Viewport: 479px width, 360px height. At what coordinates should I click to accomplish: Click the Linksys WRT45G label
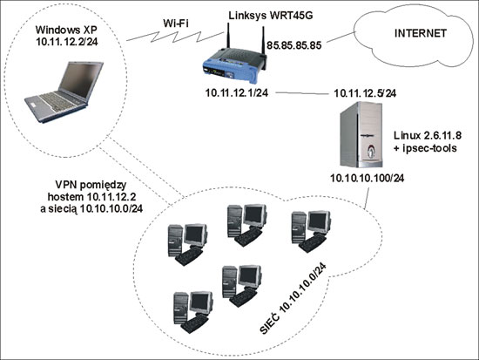pyautogui.click(x=271, y=16)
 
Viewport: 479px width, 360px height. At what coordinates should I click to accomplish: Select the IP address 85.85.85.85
pyautogui.click(x=294, y=45)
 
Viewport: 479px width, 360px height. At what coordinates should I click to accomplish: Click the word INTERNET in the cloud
pyautogui.click(x=421, y=33)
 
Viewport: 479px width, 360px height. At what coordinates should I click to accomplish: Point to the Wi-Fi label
pyautogui.click(x=176, y=24)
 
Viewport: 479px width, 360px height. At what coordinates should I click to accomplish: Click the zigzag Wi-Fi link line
pyautogui.click(x=175, y=36)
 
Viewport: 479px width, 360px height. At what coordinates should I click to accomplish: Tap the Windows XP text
pyautogui.click(x=66, y=30)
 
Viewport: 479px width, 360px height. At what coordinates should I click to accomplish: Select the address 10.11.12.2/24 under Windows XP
pyautogui.click(x=67, y=41)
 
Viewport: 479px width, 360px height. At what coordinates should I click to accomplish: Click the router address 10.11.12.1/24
pyautogui.click(x=237, y=92)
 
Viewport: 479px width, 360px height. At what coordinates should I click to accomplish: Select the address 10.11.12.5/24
pyautogui.click(x=365, y=93)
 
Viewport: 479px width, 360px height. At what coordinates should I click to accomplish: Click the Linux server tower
pyautogui.click(x=361, y=134)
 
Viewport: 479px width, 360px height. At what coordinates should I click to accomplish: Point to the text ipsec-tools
pyautogui.click(x=428, y=148)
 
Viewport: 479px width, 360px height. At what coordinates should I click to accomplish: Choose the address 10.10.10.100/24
pyautogui.click(x=368, y=178)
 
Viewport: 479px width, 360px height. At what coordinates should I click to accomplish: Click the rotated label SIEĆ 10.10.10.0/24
pyautogui.click(x=293, y=298)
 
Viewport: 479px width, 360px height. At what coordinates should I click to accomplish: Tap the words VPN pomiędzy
pyautogui.click(x=91, y=185)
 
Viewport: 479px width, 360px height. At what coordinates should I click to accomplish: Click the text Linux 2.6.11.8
pyautogui.click(x=428, y=135)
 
